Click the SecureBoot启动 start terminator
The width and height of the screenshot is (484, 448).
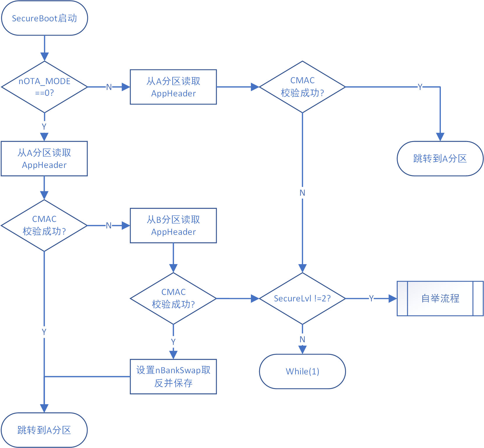point(44,18)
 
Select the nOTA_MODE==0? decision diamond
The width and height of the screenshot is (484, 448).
point(44,87)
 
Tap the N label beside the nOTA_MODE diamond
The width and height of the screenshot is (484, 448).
point(109,87)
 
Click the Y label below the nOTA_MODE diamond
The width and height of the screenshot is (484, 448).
point(44,127)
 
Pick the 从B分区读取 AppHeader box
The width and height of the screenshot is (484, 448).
point(173,225)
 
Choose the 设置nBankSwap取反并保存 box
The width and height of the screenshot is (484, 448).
point(173,376)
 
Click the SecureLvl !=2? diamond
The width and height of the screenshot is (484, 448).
point(302,298)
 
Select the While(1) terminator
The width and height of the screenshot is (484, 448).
point(302,371)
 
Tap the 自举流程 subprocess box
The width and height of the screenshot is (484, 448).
point(440,298)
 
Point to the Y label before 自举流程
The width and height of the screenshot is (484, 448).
point(371,298)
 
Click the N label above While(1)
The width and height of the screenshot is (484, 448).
point(302,339)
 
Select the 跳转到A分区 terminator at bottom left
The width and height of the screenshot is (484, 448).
point(44,430)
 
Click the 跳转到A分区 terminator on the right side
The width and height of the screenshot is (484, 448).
point(440,159)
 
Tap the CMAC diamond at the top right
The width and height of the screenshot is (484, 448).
point(302,87)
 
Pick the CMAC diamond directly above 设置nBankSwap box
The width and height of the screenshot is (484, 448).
point(173,298)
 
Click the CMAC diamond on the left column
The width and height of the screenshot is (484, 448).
point(44,225)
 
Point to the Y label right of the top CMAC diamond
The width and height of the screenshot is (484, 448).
point(420,87)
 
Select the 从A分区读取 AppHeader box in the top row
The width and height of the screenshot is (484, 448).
point(173,87)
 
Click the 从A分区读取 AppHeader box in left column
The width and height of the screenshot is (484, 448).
point(44,159)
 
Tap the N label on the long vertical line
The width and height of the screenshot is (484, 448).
point(302,193)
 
